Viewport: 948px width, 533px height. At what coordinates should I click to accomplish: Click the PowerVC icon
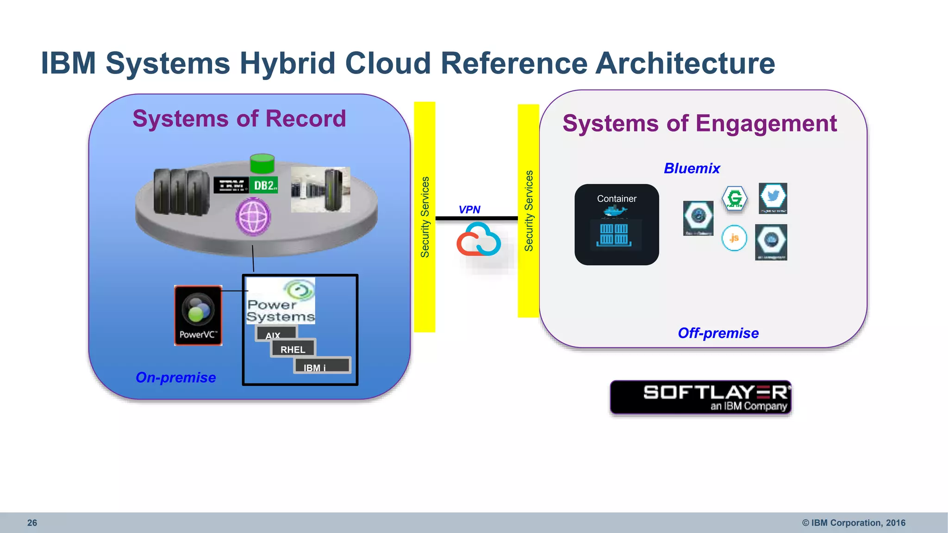pos(198,315)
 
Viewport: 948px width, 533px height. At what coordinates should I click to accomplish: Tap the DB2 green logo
pos(264,185)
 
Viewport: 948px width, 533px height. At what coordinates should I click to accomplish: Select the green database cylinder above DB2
pos(262,164)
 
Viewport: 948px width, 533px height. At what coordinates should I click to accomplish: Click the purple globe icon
pos(253,217)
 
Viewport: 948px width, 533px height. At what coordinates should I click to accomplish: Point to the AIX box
pos(275,334)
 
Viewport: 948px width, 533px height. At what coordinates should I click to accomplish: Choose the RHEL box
pos(293,349)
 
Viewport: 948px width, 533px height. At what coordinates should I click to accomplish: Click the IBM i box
pos(322,366)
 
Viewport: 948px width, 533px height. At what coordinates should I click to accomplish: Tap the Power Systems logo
pos(281,301)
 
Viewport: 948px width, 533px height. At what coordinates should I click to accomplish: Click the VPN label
pos(469,210)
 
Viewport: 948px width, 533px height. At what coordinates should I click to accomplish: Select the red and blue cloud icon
pos(478,240)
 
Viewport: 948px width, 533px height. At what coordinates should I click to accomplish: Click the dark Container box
pos(617,225)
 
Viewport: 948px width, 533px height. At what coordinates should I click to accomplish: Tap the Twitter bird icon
pos(773,198)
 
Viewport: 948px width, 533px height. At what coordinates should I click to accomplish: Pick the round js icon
pos(734,238)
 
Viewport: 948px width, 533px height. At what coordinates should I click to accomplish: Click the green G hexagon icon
pos(735,198)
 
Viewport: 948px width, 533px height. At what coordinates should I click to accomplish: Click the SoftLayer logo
pos(700,397)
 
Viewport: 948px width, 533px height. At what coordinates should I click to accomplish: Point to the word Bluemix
pos(692,168)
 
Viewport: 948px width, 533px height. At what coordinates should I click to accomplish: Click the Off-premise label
pos(718,333)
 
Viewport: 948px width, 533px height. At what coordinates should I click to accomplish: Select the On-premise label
pos(175,378)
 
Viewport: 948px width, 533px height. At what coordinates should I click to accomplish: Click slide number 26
pos(32,523)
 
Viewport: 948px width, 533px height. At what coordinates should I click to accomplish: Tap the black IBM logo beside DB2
pos(231,185)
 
